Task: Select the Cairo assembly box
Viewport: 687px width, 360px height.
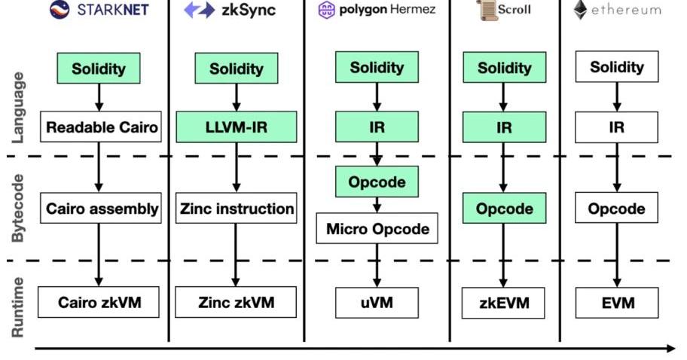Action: [x=102, y=209]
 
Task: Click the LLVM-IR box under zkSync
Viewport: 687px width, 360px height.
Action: [x=236, y=127]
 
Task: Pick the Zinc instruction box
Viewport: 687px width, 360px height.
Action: [x=236, y=209]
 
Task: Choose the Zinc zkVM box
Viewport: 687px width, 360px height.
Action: [x=236, y=303]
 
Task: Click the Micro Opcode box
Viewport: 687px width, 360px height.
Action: [x=377, y=229]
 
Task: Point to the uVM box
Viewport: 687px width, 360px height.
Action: [x=377, y=303]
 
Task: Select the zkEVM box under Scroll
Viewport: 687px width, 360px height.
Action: [x=504, y=303]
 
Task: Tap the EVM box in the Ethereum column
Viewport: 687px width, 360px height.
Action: [x=617, y=303]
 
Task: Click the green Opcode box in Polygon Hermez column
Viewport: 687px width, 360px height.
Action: [x=377, y=182]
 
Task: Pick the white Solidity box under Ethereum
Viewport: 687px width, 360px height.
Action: [x=617, y=67]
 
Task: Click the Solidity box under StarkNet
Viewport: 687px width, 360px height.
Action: [x=99, y=69]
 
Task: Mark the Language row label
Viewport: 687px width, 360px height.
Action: [x=18, y=108]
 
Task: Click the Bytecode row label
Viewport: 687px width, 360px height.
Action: [x=18, y=209]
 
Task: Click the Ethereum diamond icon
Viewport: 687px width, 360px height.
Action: [x=580, y=10]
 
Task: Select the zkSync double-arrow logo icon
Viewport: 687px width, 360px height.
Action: [x=200, y=10]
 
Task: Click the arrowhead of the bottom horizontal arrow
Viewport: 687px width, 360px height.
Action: [x=670, y=348]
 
